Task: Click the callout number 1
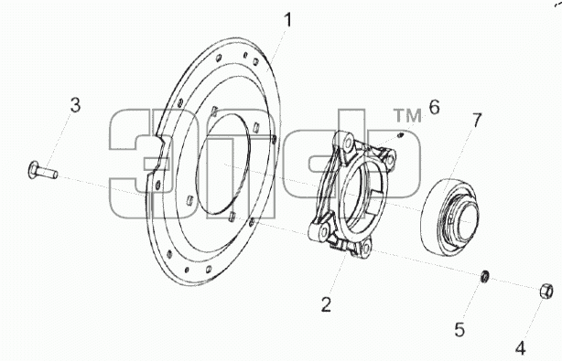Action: coord(287,20)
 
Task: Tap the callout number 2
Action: coord(326,305)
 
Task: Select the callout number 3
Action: coord(75,105)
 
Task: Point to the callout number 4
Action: coord(521,348)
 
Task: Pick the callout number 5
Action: coord(459,330)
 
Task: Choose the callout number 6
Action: coord(434,107)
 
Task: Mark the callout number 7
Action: coord(477,121)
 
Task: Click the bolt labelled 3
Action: coord(42,170)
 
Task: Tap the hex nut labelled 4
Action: coord(546,292)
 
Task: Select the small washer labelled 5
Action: coord(485,276)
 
